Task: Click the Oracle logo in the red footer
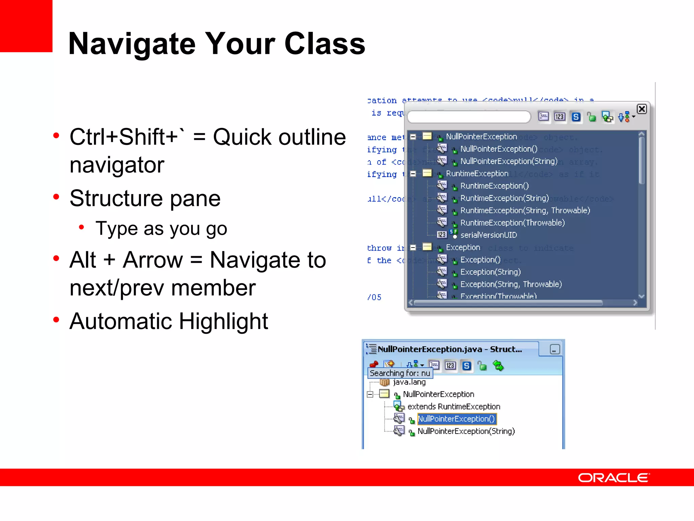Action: click(613, 478)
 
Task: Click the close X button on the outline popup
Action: click(641, 109)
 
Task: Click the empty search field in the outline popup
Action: click(469, 117)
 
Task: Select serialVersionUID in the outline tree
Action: click(488, 235)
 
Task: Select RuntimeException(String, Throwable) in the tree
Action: click(525, 210)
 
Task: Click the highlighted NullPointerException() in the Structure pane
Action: click(456, 419)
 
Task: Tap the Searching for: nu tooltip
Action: click(400, 373)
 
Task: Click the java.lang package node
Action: click(409, 382)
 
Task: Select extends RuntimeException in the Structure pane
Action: click(453, 406)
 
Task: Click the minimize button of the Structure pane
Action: click(554, 349)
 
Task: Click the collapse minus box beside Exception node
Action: click(413, 248)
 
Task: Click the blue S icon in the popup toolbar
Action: click(576, 117)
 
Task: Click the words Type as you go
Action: click(161, 229)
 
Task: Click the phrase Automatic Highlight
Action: click(169, 321)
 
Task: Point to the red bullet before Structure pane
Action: click(56, 197)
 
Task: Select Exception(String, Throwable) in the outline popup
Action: click(511, 284)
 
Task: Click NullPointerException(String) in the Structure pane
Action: click(466, 431)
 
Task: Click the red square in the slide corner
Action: click(26, 26)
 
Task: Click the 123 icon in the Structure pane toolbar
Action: click(450, 366)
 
